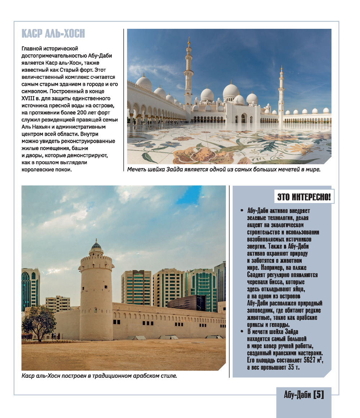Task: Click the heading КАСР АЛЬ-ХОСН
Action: tap(53, 34)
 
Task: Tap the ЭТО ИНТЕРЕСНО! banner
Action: tap(304, 197)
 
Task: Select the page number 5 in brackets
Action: tap(319, 395)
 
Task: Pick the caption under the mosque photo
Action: tap(224, 169)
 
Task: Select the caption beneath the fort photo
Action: tap(99, 376)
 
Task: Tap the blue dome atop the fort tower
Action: tap(96, 246)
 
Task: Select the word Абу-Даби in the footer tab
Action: tap(297, 395)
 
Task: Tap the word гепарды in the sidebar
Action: tap(276, 324)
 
